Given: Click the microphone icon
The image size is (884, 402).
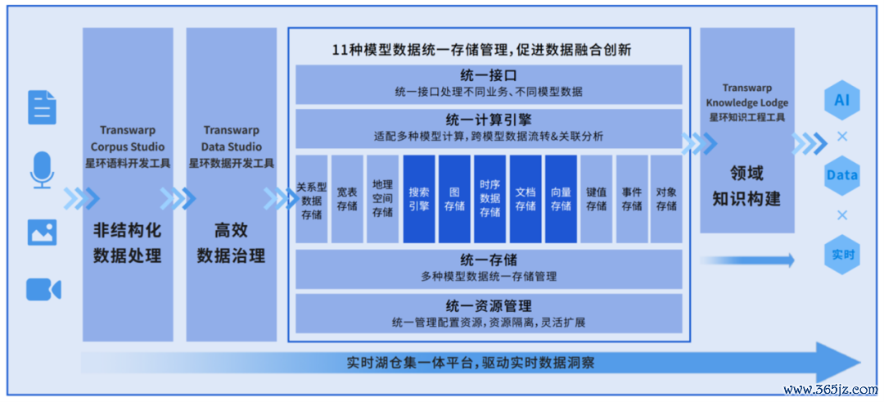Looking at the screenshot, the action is (x=43, y=168).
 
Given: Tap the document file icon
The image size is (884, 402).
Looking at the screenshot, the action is (x=43, y=107).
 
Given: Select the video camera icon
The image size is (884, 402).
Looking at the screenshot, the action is (x=43, y=289).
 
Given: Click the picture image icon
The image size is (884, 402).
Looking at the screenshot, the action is (x=43, y=232).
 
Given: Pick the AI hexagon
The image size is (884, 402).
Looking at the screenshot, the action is (x=842, y=101).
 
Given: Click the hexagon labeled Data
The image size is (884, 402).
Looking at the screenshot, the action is (x=842, y=175).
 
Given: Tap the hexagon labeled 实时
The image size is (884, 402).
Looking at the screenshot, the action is (x=842, y=255).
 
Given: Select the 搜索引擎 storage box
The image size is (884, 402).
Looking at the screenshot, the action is (x=419, y=199).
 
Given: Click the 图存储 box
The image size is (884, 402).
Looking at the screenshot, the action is (x=454, y=199).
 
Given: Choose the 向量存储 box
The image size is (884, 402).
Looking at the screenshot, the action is (x=561, y=199).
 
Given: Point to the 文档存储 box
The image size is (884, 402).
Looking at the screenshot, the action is (x=525, y=199).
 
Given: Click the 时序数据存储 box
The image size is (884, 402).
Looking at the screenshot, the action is (x=490, y=199).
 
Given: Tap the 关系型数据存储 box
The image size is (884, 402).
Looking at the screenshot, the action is (x=312, y=199).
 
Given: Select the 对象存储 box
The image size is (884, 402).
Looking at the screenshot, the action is (x=666, y=199).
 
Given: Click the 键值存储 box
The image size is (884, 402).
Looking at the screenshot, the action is (x=596, y=199).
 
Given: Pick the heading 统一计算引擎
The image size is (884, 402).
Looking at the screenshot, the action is (x=489, y=120).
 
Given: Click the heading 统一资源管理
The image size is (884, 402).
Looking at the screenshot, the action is (x=489, y=306).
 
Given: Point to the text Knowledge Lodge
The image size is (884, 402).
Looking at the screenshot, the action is (x=747, y=103).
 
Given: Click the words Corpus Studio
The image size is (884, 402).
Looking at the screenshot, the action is (x=128, y=147).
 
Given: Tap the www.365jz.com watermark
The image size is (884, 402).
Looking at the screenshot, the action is (x=831, y=390).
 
